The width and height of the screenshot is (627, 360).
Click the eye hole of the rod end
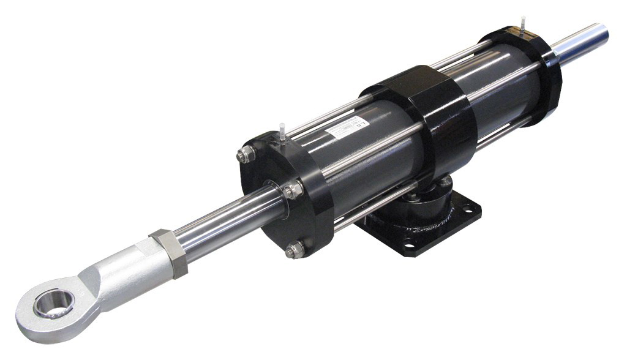pos(54,304)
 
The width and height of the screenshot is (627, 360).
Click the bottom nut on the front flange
pos(296,249)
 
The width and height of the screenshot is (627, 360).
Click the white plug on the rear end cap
pos(524,23)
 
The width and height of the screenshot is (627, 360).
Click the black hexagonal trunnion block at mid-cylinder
pos(422,116)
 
